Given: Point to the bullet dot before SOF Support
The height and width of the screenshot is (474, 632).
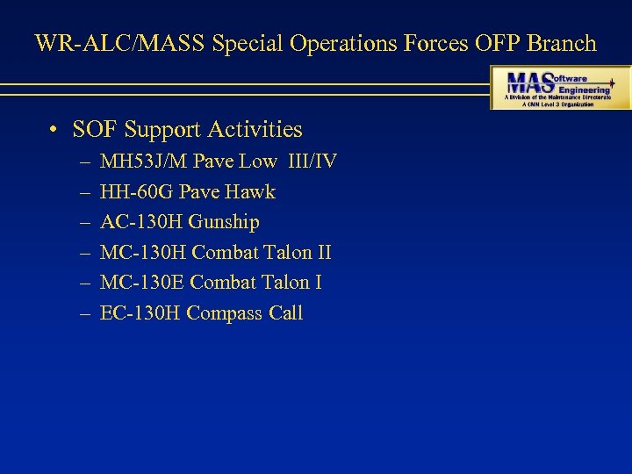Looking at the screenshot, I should point(54,131).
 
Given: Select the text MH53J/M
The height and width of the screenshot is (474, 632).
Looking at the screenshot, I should point(144,162).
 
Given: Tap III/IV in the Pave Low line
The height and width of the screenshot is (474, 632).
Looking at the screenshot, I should point(312,162).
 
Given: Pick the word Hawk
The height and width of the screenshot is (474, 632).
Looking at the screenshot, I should point(253,191).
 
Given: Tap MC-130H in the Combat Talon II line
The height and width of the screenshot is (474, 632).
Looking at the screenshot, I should point(143,253).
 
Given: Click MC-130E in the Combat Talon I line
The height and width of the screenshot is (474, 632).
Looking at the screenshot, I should point(142,283).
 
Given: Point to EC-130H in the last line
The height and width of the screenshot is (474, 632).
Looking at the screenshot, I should point(140,313).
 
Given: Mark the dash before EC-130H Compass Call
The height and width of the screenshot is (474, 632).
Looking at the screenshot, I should point(83,313).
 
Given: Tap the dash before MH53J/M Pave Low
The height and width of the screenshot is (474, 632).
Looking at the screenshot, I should point(83,162).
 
